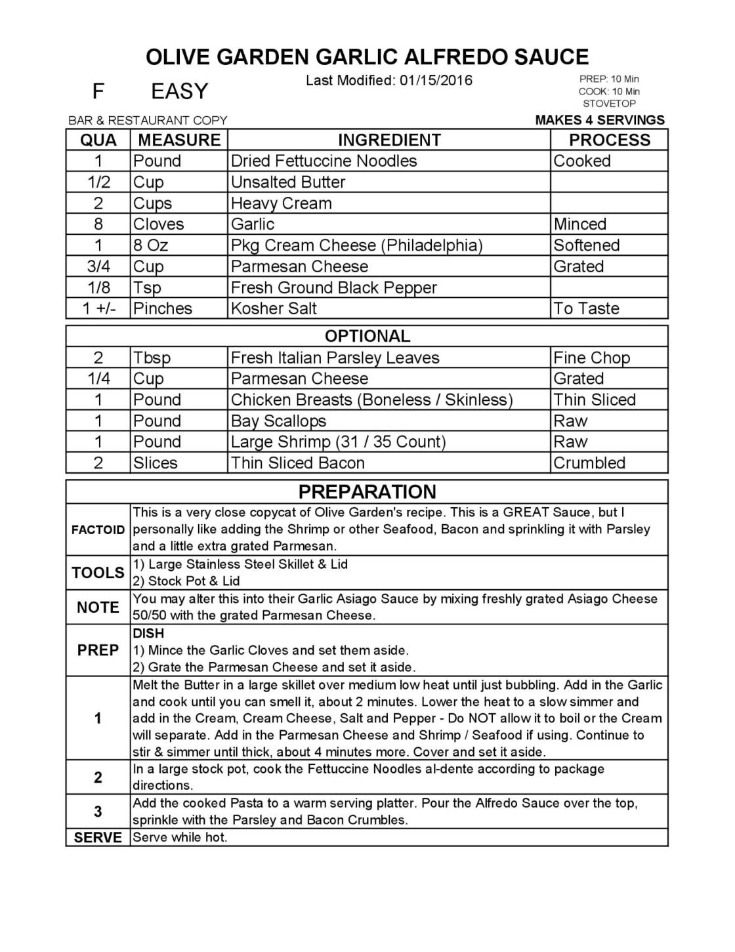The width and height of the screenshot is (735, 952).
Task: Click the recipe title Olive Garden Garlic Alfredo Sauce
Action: pos(367,57)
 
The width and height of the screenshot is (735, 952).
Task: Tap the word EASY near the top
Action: pos(179,91)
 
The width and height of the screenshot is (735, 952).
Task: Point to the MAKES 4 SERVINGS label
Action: pos(600,120)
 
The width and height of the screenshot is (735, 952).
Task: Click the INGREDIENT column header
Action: pos(389,140)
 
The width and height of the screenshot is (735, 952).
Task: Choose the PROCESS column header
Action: pos(609,140)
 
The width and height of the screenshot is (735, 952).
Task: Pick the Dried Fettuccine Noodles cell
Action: pos(324,161)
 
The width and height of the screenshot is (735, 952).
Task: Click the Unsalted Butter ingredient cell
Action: pos(288,182)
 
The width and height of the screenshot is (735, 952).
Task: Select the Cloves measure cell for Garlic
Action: pos(159,224)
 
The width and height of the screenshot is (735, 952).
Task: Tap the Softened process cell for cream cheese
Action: pos(586,245)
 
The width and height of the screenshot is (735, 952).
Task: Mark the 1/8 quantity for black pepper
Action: pos(98,287)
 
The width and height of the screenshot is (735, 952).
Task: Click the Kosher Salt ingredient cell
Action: pos(274,308)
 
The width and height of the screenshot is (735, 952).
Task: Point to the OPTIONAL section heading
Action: pos(367,336)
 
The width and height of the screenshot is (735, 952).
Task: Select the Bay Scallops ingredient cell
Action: pos(278,421)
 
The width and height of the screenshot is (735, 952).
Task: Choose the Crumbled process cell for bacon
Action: pos(589,463)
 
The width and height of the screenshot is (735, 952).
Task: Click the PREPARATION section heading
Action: pos(367,492)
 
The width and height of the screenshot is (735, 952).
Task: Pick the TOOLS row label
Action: pos(98,573)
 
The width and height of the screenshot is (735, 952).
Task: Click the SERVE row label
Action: pos(98,838)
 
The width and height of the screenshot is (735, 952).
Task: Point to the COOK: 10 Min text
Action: pos(609,92)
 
